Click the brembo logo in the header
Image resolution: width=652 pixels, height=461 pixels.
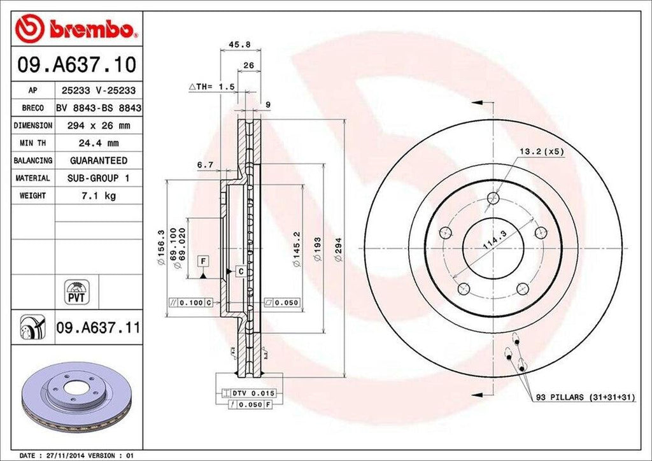tap(76, 29)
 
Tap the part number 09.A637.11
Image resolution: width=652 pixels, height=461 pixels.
tap(98, 328)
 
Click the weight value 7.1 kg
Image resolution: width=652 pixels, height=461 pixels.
tap(99, 196)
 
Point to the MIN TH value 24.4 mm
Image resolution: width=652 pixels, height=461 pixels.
tap(99, 143)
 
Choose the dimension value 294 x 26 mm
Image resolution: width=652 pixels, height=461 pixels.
tap(99, 126)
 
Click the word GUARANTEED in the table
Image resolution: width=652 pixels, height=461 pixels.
tap(99, 160)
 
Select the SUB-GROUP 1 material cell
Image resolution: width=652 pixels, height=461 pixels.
tap(99, 178)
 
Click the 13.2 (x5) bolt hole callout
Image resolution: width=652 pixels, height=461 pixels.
tap(541, 152)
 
